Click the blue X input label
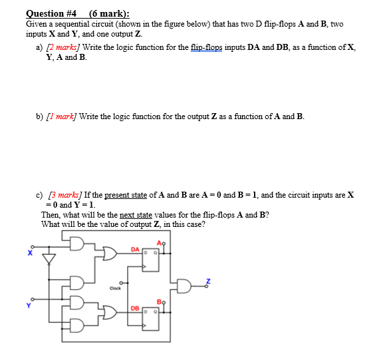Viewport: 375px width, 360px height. tap(29, 253)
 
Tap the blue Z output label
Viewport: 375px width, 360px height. tap(207, 282)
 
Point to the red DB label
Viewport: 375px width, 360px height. tap(135, 308)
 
